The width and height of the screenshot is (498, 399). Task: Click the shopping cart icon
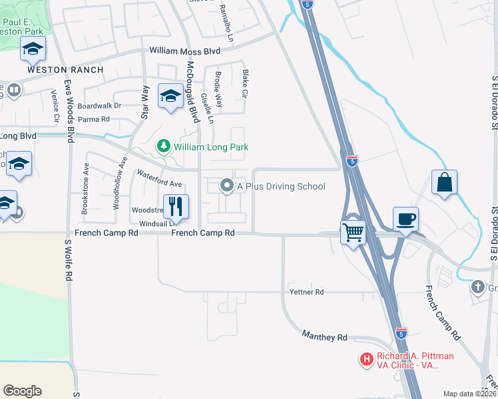coord(353,233)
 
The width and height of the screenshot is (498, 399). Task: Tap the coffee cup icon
coord(405,218)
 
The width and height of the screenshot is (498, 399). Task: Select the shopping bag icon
coord(444,182)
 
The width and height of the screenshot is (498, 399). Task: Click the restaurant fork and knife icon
coord(176,206)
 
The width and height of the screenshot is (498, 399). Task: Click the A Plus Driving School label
coord(281,186)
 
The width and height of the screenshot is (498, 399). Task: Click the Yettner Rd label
coord(306,292)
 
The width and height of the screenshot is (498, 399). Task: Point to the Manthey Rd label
coord(325,337)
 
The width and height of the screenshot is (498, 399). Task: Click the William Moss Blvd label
coord(184,51)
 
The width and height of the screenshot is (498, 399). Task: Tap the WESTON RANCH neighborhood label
coord(65,70)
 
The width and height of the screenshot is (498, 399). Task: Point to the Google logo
coord(22,391)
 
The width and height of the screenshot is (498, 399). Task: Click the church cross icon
coord(477,287)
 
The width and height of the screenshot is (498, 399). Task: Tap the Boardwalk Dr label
coord(99,106)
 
